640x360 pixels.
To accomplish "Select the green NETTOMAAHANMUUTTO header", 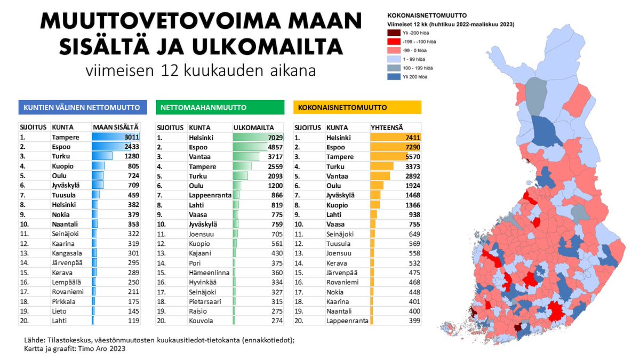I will (220, 107).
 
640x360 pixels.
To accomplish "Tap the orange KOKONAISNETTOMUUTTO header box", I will (357, 107).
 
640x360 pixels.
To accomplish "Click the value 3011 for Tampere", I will (131, 137).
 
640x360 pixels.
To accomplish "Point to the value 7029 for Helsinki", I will (274, 137).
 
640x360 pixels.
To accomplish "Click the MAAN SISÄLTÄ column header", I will (116, 127).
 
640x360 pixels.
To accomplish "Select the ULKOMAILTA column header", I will (254, 127).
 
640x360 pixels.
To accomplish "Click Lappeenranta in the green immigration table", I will (210, 195).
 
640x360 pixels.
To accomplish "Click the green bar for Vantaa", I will (246, 157).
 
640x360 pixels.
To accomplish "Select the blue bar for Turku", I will (102, 156).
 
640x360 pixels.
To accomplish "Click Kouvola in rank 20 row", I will (202, 321).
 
